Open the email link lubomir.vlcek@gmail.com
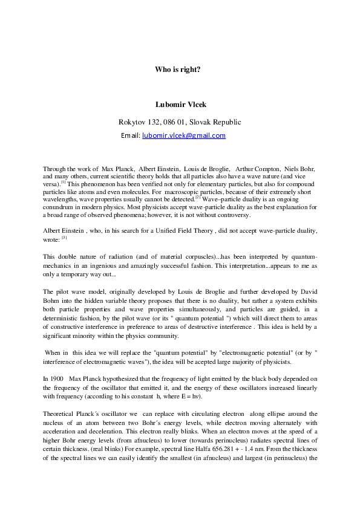[x=183, y=136]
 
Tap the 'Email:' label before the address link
[x=131, y=136]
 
